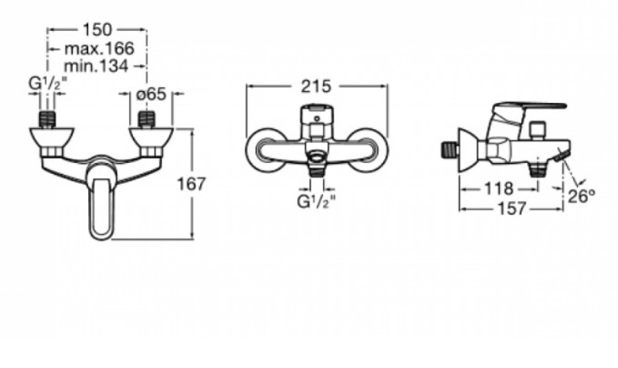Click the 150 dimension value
pyautogui.click(x=97, y=30)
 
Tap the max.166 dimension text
pyautogui.click(x=100, y=49)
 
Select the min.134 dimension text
pyautogui.click(x=96, y=66)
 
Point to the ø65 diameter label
pyautogui.click(x=151, y=94)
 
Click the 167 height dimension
pyautogui.click(x=191, y=184)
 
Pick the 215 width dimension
pyautogui.click(x=316, y=87)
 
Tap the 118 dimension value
pyautogui.click(x=498, y=189)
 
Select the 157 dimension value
pyautogui.click(x=512, y=209)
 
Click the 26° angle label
pyautogui.click(x=582, y=196)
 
